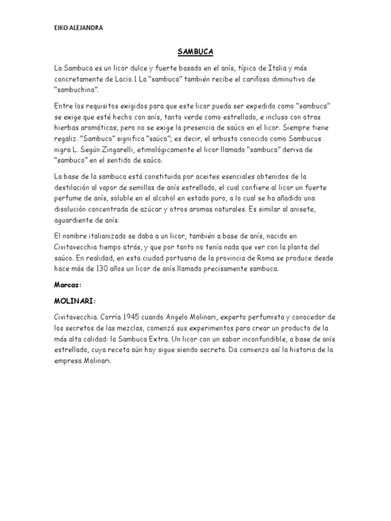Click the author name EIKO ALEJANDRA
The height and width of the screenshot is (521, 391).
(x=78, y=28)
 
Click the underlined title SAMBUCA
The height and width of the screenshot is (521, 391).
(x=195, y=52)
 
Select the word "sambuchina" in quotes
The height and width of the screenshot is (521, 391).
(x=75, y=90)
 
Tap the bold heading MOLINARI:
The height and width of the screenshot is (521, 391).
(x=74, y=301)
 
